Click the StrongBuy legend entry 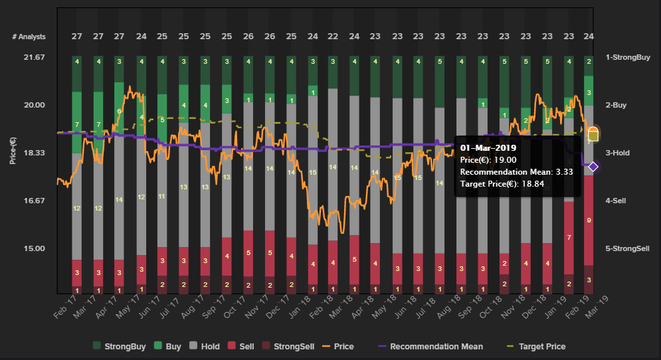pos(125,346)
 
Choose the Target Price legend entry pos(542,346)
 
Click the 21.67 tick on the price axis pos(33,57)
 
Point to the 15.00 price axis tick pos(33,248)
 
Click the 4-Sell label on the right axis pos(620,201)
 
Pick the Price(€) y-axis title pos(13,153)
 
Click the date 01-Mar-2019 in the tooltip pos(488,147)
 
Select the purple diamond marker pos(594,167)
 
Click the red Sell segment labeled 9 pos(589,220)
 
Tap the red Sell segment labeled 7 pos(568,237)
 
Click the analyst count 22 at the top pos(333,37)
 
